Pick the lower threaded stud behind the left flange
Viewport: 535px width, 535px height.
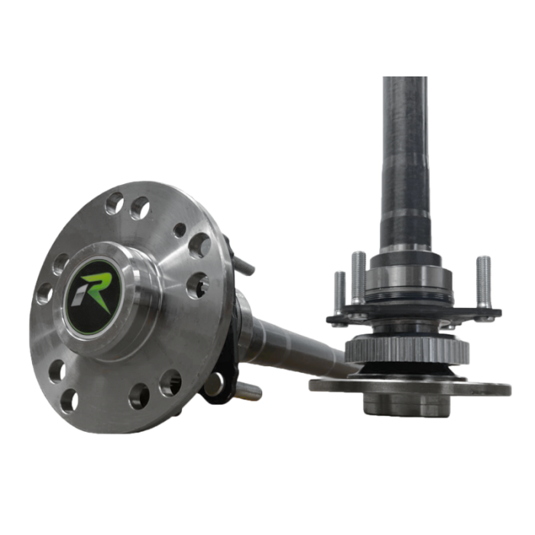pos(250,391)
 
